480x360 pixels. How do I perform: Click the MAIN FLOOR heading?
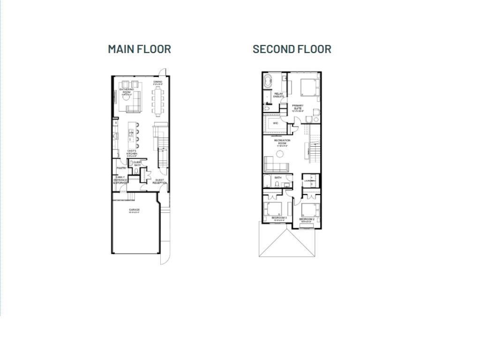click(139, 49)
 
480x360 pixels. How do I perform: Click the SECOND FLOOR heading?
click(292, 49)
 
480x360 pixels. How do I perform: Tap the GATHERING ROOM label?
click(127, 90)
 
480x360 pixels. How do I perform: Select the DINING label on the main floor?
click(158, 82)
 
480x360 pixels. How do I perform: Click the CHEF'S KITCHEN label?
click(132, 152)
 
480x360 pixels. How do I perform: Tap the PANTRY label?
click(121, 168)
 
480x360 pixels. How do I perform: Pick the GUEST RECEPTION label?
click(160, 181)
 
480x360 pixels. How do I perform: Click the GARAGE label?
click(135, 210)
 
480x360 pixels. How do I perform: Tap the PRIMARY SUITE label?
click(298, 107)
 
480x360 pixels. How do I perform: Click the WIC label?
click(276, 123)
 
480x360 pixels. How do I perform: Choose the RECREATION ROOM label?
click(282, 142)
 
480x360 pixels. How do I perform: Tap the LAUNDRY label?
click(308, 180)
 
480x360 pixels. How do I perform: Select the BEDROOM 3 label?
click(279, 218)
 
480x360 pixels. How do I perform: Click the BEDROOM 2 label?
click(307, 219)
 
